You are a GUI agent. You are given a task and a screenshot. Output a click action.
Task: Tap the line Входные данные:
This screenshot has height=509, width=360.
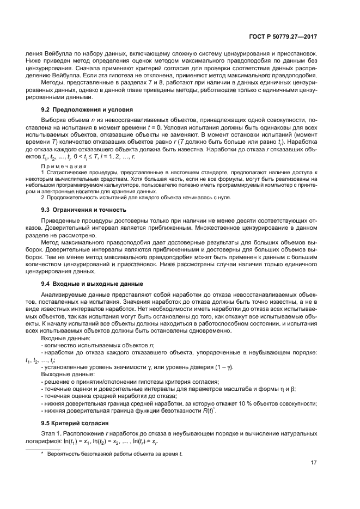click(x=65, y=338)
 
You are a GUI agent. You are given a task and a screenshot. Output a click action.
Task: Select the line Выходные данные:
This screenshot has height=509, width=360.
click(x=68, y=375)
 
